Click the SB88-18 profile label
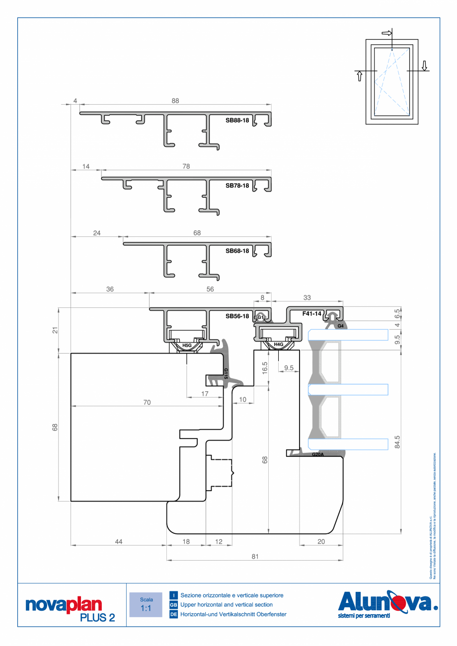click(x=237, y=120)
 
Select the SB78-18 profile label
click(x=237, y=185)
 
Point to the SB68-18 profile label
click(x=237, y=251)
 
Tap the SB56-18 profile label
click(x=237, y=316)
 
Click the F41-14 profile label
click(x=312, y=314)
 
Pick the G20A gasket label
click(x=318, y=454)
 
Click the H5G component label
click(x=187, y=345)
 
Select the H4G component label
click(x=278, y=344)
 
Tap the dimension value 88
click(x=175, y=101)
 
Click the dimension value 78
click(x=186, y=167)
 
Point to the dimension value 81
click(x=255, y=557)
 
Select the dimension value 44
click(x=118, y=541)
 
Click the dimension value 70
click(x=147, y=402)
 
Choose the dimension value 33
click(x=307, y=297)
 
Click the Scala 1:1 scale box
click(x=146, y=604)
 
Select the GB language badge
click(x=173, y=605)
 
